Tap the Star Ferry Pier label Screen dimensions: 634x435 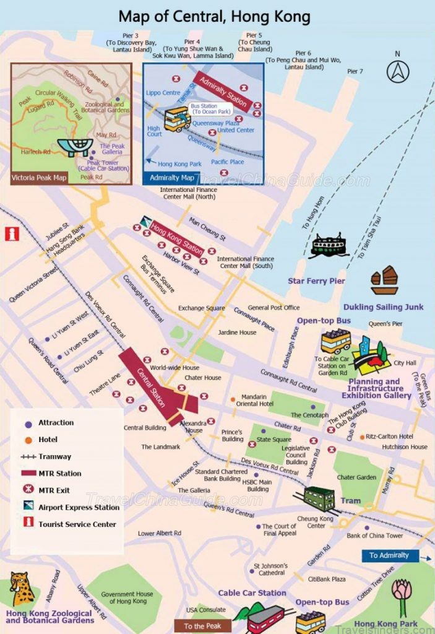click(316, 281)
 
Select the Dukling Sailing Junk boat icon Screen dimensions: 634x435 click(384, 281)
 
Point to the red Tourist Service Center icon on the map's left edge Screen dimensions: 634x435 click(11, 233)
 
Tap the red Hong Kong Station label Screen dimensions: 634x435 click(176, 238)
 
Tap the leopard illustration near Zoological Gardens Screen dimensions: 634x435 click(22, 589)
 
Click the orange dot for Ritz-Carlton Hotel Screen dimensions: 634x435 click(362, 436)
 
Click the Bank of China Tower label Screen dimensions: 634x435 click(374, 536)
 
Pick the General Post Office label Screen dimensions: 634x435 click(273, 308)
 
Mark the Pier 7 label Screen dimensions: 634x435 click(355, 71)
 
